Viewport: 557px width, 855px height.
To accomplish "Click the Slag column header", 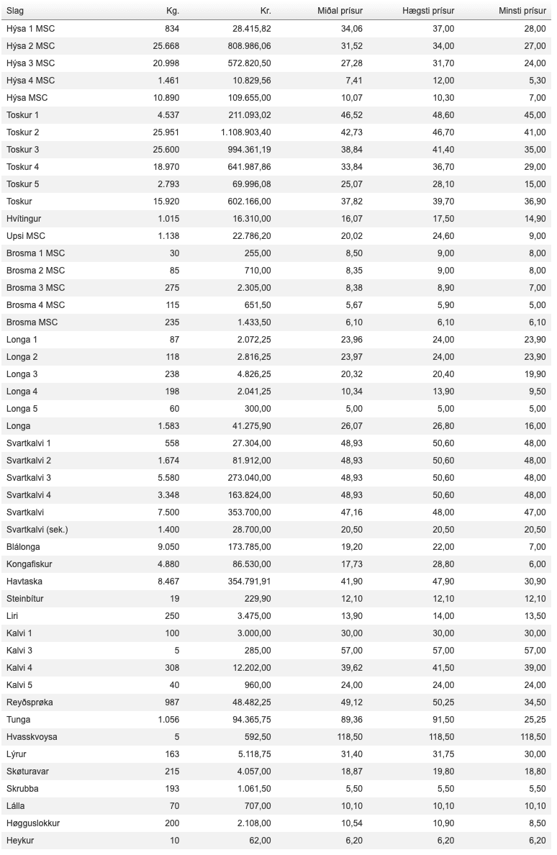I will click(x=15, y=11).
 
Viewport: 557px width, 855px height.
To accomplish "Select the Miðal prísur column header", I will click(x=340, y=11).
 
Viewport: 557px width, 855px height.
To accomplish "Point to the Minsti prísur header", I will click(x=522, y=11).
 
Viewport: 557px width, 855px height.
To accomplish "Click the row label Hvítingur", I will click(x=26, y=218).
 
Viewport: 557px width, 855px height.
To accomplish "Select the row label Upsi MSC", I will click(x=26, y=235).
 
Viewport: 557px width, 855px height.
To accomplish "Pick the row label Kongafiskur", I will click(x=30, y=564).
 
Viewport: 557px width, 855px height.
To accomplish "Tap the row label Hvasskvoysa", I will click(x=32, y=736).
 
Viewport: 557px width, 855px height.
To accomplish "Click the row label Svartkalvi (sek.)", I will click(x=37, y=529).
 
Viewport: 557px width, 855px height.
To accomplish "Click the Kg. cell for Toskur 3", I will click(x=166, y=149).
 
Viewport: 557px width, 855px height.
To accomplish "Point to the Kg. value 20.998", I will click(x=166, y=63).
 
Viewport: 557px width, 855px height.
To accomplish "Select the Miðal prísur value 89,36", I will click(x=350, y=719).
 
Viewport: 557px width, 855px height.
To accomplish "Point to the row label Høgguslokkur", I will click(x=33, y=823).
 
